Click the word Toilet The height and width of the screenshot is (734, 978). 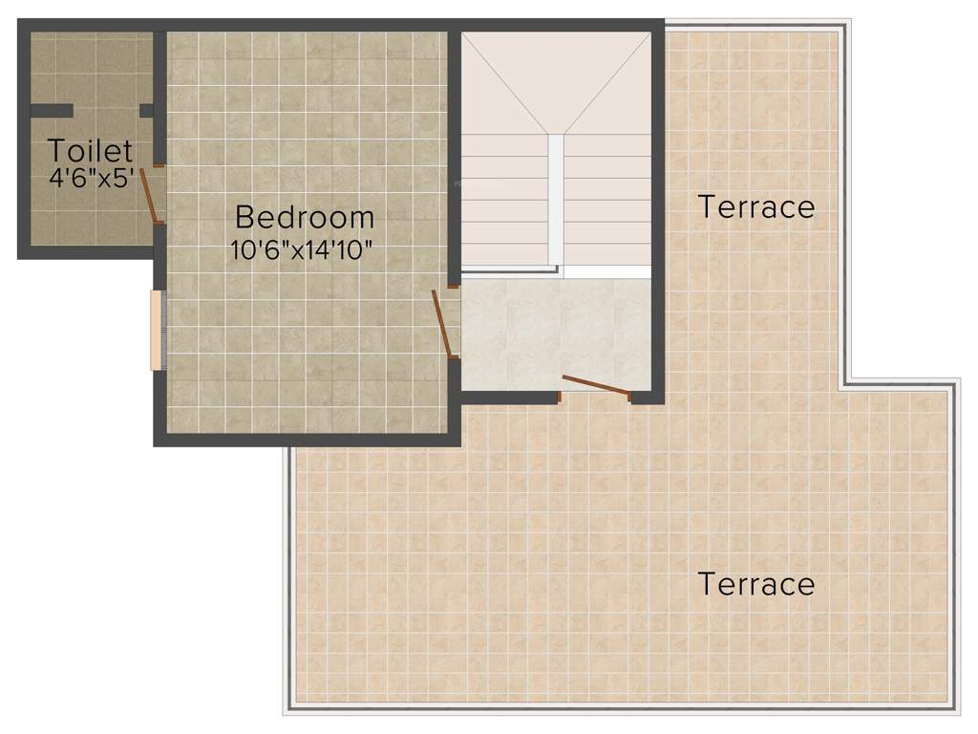tap(91, 150)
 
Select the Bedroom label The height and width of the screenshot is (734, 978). tap(305, 217)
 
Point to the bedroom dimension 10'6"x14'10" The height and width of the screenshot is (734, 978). tap(301, 250)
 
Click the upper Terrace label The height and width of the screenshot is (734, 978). tap(756, 206)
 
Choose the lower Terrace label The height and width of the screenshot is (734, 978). tap(756, 583)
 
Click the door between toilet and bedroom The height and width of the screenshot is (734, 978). tap(151, 196)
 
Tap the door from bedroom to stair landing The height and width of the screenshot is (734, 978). tap(443, 323)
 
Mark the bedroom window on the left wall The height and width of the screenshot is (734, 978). tap(156, 329)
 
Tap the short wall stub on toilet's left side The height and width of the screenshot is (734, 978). tap(51, 111)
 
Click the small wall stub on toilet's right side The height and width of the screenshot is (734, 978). tap(146, 111)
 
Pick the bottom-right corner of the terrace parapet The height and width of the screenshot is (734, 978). tap(953, 708)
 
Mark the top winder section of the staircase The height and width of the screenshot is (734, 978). tap(555, 81)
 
